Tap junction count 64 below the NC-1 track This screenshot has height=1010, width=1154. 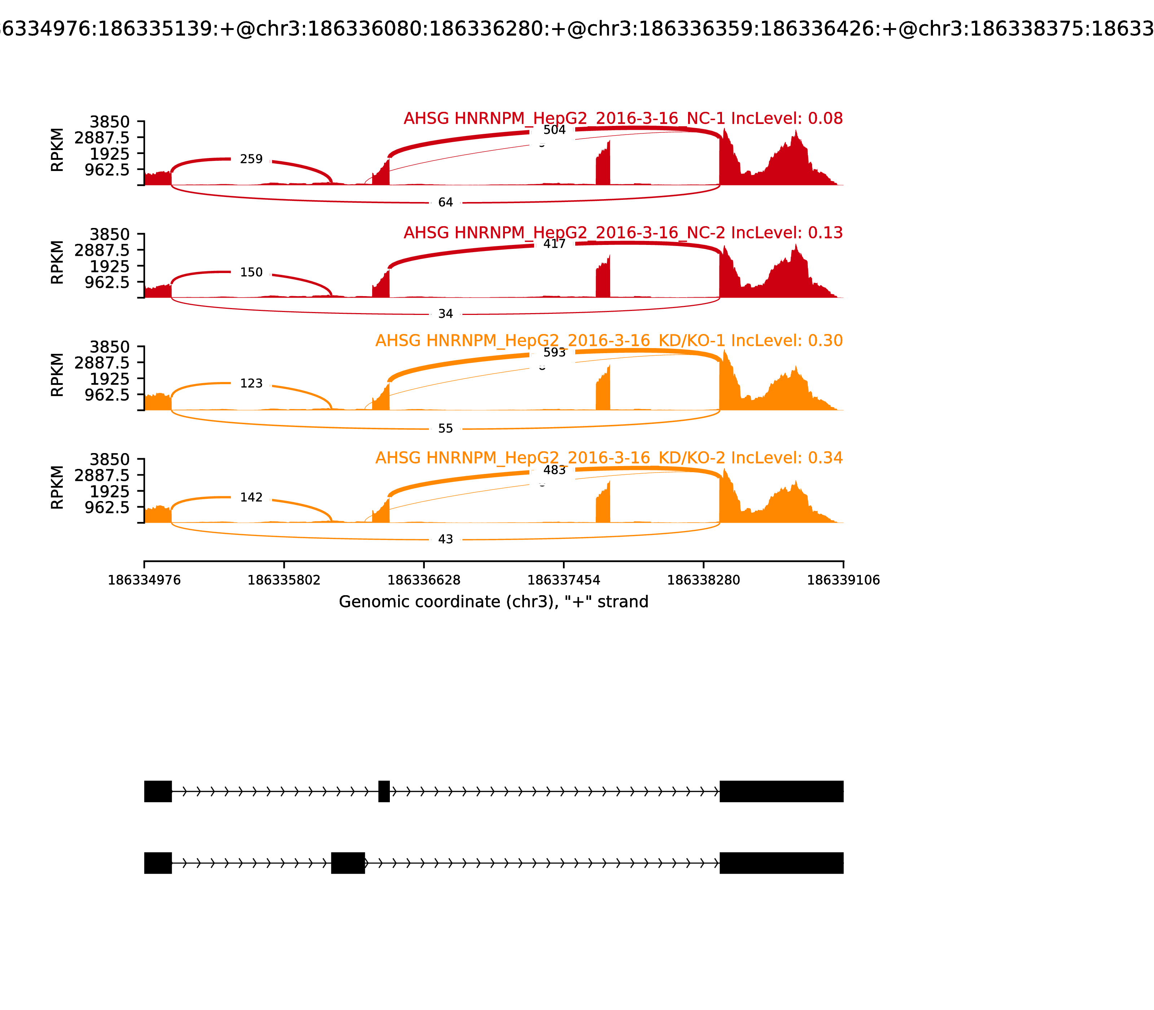coord(445,202)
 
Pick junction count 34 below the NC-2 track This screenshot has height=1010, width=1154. coord(445,314)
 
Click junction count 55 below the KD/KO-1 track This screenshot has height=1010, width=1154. coord(445,429)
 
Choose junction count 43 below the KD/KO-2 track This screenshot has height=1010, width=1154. coord(445,539)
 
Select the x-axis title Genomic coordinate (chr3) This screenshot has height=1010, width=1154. coord(493,602)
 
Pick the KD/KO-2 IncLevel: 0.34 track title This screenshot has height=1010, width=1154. coord(609,458)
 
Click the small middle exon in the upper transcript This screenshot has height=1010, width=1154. coord(384,791)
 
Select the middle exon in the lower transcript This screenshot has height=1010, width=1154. coord(348,863)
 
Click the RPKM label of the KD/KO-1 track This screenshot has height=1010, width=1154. coord(57,375)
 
